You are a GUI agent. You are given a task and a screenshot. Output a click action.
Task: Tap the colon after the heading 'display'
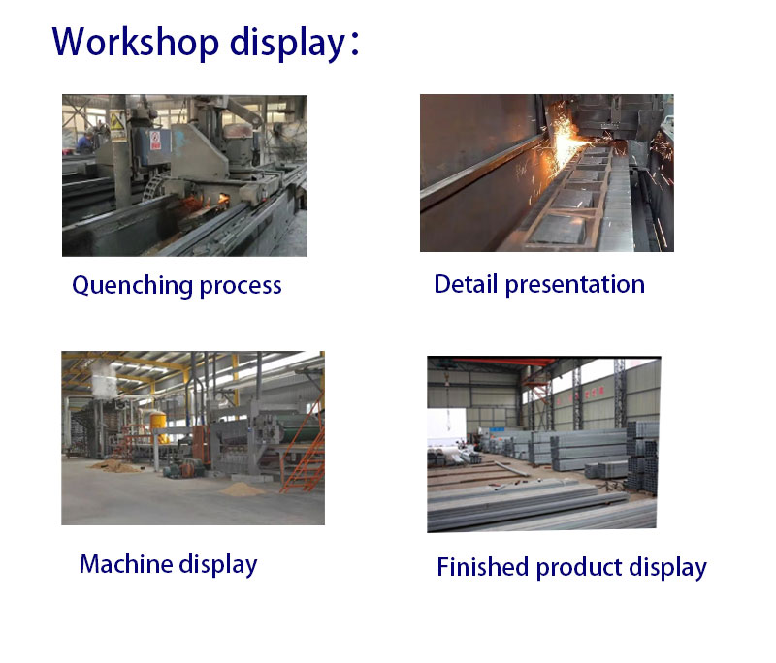(354, 44)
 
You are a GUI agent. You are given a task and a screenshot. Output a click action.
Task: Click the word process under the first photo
(241, 287)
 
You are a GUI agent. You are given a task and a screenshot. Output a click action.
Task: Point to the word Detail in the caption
(466, 284)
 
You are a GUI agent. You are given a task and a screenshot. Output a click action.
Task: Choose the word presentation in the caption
(575, 285)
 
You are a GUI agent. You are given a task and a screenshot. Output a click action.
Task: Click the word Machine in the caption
(126, 563)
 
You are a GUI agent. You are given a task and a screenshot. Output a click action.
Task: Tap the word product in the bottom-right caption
(579, 568)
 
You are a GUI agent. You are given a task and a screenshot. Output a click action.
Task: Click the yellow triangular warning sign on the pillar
(117, 120)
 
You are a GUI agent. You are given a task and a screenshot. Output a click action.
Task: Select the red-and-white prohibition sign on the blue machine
(156, 140)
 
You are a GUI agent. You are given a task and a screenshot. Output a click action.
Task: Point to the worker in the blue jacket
(85, 142)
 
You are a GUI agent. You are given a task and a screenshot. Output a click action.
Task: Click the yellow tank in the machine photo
(159, 426)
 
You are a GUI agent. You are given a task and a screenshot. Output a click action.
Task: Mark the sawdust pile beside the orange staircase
(242, 489)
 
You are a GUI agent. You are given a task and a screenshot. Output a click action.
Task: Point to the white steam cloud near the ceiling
(104, 378)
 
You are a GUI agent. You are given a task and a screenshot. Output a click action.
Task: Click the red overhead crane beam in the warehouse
(504, 362)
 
